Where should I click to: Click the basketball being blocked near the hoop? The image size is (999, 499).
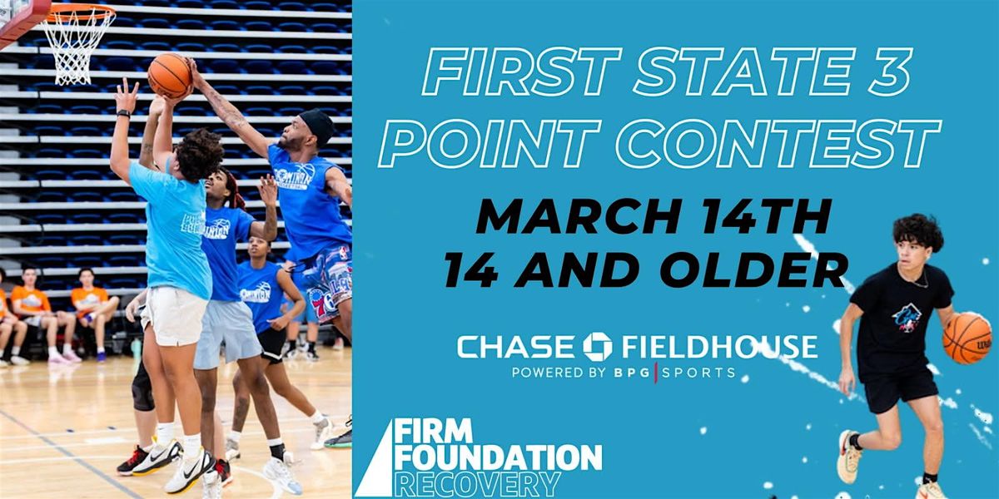click(170, 76)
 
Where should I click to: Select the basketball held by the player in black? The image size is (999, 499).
click(967, 338)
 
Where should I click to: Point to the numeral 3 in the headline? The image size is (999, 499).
click(887, 72)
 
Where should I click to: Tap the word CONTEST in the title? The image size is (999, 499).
click(778, 143)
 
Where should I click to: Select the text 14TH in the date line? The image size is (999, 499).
click(766, 217)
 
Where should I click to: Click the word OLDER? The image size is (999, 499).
click(754, 270)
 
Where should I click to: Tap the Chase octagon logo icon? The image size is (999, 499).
click(598, 346)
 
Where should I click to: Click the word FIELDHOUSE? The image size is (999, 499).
click(720, 347)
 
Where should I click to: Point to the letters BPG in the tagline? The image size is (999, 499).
click(632, 373)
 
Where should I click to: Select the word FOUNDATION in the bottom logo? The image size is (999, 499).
click(498, 457)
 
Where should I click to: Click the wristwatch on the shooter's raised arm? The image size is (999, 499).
click(123, 114)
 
